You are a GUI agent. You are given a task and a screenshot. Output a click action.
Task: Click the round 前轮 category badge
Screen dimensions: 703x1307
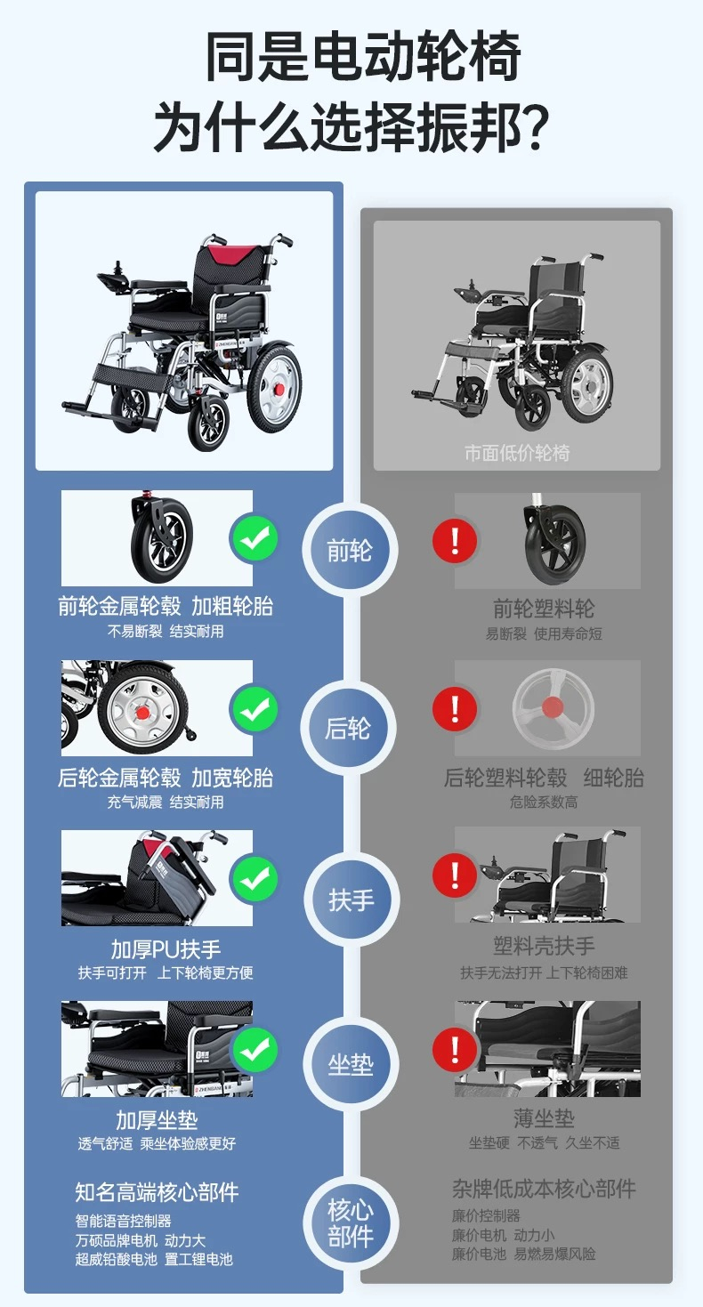tap(350, 550)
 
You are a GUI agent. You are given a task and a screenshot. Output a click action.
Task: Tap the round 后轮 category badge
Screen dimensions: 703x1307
tap(348, 728)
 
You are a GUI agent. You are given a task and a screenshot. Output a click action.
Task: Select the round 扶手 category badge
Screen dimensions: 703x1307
tap(351, 900)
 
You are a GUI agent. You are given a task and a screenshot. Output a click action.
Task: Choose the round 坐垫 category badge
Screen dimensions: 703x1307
tap(351, 1065)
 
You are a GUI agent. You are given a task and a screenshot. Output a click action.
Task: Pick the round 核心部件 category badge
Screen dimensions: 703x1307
tap(350, 1223)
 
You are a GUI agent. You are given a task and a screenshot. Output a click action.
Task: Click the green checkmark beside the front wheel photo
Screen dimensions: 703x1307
tap(255, 539)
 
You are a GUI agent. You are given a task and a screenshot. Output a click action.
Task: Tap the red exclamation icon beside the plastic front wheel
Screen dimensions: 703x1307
tap(455, 541)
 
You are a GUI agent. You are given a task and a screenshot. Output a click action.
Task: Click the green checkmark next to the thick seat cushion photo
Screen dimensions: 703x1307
tap(255, 1051)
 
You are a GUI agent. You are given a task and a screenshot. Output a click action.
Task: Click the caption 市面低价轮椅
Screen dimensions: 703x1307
tap(517, 453)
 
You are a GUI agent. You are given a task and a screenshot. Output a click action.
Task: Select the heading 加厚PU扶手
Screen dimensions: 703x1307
tap(166, 949)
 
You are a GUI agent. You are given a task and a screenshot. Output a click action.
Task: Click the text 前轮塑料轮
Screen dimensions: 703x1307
tap(544, 609)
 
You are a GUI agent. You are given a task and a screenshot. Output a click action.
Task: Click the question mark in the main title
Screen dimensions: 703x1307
tap(532, 125)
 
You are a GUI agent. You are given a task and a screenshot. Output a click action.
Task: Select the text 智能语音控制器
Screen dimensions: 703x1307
tap(123, 1221)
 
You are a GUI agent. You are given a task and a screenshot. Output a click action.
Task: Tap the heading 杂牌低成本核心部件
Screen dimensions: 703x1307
tap(544, 1189)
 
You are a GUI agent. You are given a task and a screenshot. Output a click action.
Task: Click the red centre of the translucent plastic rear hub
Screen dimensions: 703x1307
tap(552, 707)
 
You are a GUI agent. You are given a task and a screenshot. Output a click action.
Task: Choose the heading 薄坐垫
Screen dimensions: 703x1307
tap(544, 1118)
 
